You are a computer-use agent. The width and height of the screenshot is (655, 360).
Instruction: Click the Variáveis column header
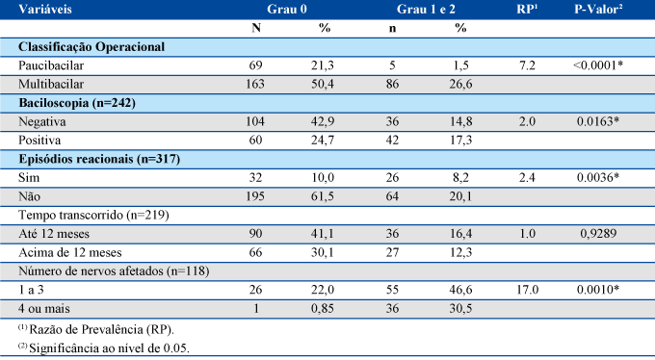(45, 10)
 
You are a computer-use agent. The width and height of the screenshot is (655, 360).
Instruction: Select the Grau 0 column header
(287, 10)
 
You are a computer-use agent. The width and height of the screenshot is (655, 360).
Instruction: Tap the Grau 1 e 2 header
(426, 10)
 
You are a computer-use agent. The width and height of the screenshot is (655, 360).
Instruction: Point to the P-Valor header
(598, 10)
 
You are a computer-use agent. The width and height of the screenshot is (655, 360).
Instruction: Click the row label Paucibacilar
(51, 65)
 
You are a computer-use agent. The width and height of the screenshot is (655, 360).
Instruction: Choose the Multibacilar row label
(51, 85)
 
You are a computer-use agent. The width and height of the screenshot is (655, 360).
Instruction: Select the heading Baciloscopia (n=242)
(77, 103)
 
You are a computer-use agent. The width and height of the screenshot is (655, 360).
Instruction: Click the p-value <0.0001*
(598, 65)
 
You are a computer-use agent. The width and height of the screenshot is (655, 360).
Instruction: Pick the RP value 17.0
(527, 290)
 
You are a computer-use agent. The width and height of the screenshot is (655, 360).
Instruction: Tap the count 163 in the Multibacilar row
(255, 85)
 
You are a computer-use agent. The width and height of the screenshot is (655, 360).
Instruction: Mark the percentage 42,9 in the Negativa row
(323, 121)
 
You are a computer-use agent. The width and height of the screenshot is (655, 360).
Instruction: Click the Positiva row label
(39, 141)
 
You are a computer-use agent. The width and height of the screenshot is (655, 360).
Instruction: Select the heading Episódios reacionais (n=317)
(99, 159)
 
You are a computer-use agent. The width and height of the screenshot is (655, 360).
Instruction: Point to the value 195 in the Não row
(255, 196)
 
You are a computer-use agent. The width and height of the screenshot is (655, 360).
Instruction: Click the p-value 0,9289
(598, 234)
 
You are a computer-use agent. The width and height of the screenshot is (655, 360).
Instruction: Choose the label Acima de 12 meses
(70, 252)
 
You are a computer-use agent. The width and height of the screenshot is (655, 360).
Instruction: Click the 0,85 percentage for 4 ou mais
(323, 309)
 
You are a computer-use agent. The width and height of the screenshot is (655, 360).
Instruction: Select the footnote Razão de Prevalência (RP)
(101, 330)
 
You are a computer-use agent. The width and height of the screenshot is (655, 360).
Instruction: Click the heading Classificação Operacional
(92, 47)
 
